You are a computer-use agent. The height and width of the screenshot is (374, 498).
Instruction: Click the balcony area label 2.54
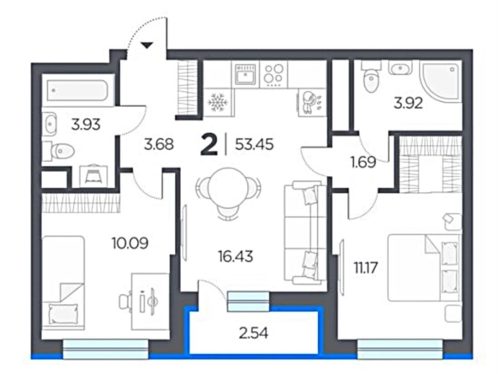pyautogui.click(x=253, y=334)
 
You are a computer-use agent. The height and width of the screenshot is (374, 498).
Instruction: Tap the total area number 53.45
pyautogui.click(x=254, y=145)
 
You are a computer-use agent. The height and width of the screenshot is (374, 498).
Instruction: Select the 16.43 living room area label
pyautogui.click(x=236, y=256)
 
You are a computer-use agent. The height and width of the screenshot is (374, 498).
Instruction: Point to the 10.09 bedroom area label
pyautogui.click(x=130, y=243)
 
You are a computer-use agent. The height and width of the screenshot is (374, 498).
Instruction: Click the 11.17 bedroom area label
pyautogui.click(x=366, y=268)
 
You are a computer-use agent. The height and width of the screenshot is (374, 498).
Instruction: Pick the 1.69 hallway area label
pyautogui.click(x=363, y=163)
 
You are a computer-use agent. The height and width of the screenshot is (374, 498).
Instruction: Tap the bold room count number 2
pyautogui.click(x=209, y=145)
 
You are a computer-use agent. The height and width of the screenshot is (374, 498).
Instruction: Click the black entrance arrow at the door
pyautogui.click(x=146, y=45)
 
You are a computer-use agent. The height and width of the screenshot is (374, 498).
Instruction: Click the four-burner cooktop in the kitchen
pyautogui.click(x=274, y=74)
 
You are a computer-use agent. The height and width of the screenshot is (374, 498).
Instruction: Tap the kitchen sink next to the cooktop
pyautogui.click(x=245, y=74)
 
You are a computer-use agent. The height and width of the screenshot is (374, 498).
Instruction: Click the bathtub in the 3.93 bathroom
pyautogui.click(x=77, y=90)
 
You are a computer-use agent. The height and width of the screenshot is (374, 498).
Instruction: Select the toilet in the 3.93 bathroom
pyautogui.click(x=61, y=151)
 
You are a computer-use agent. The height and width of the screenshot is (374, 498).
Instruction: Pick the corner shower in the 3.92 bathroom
pyautogui.click(x=441, y=83)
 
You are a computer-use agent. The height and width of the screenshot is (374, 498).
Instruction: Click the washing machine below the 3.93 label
pyautogui.click(x=93, y=176)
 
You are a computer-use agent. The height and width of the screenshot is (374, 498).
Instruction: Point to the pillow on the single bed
pyautogui.click(x=63, y=313)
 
